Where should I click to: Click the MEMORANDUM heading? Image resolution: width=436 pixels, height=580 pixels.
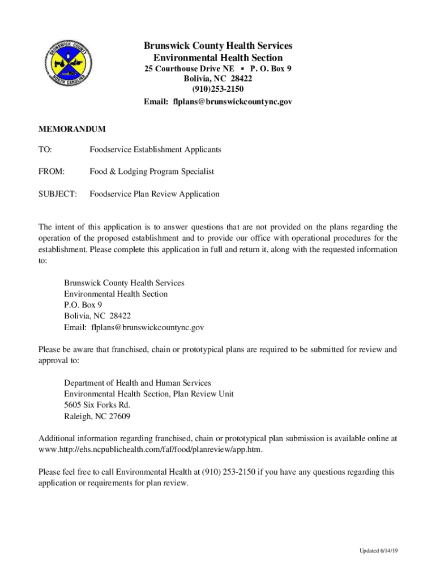[72, 130]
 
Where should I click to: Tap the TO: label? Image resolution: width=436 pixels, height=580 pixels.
[45, 150]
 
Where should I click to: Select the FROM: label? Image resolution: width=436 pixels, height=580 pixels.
[52, 172]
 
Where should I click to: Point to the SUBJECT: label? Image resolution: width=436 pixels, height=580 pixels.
[57, 194]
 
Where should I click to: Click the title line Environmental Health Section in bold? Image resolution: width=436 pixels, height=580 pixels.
[218, 58]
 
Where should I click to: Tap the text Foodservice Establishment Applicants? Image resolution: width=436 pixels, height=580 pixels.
[155, 150]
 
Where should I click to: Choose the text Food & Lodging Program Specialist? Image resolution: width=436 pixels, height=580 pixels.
[152, 172]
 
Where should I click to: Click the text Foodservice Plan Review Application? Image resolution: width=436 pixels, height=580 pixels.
[155, 194]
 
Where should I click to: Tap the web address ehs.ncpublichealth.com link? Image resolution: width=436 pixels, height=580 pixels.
[150, 450]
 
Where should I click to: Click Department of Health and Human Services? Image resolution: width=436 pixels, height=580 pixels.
[138, 383]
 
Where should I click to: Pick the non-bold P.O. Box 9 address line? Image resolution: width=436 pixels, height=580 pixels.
[83, 305]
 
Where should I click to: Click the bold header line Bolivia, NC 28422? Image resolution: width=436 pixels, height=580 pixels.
[218, 79]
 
